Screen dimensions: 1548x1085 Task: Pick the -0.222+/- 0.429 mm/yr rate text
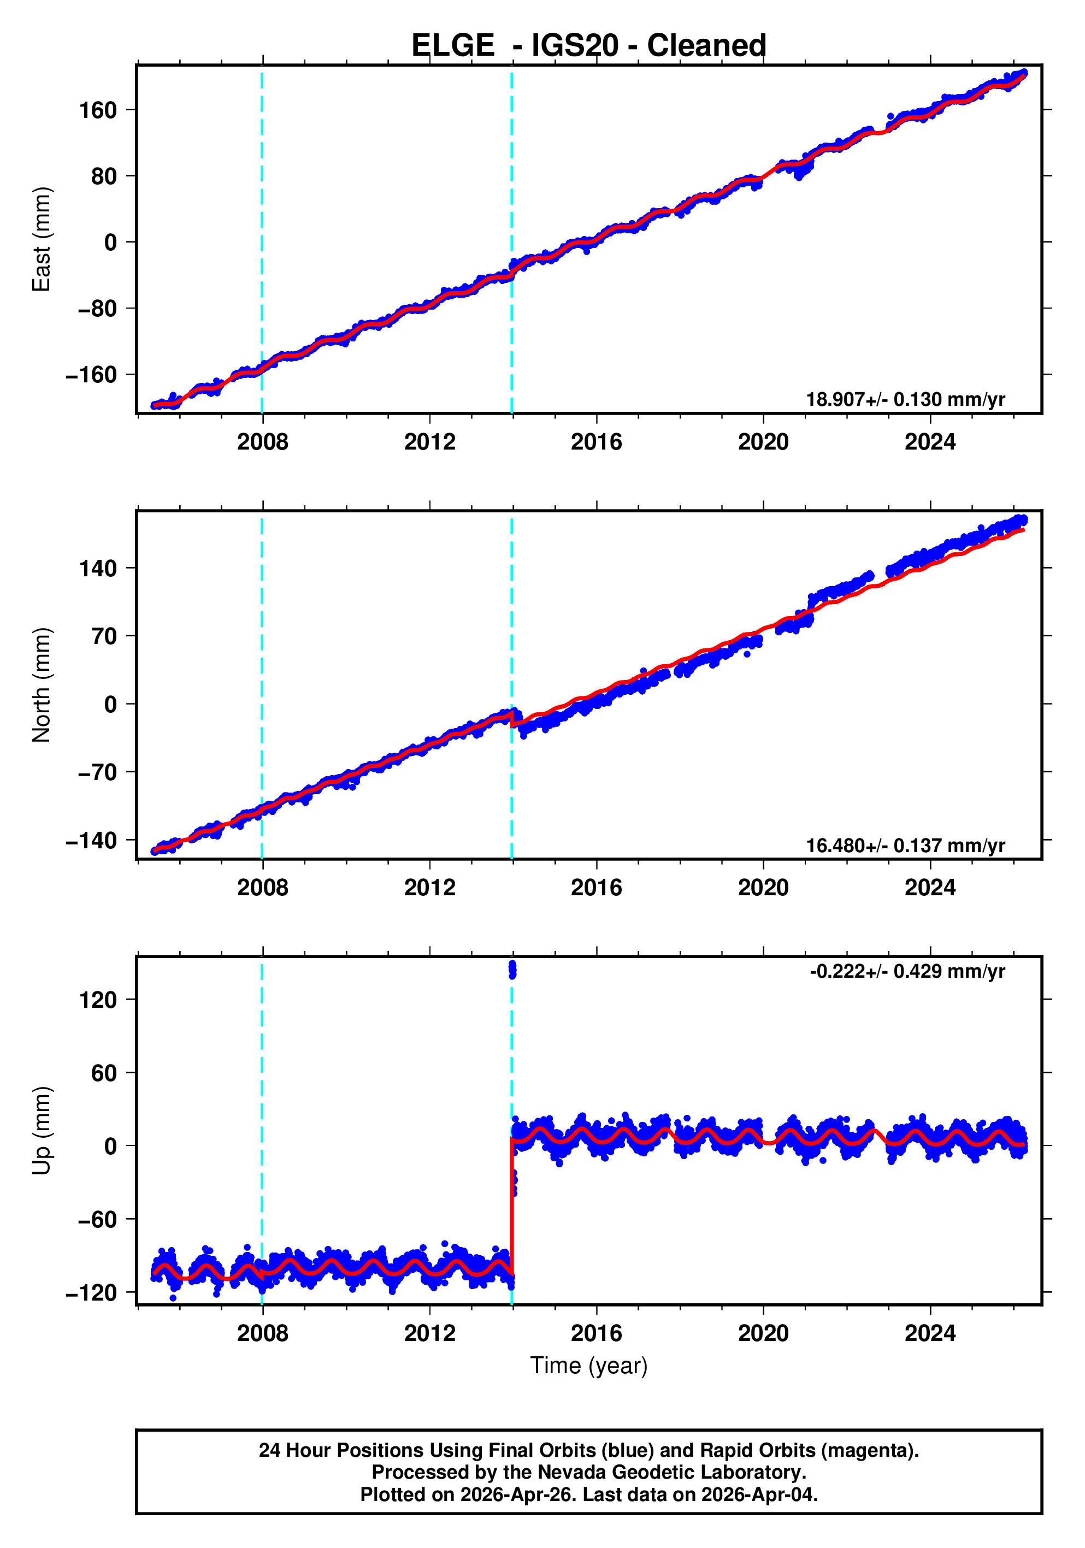(x=907, y=972)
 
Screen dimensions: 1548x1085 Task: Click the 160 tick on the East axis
(x=98, y=110)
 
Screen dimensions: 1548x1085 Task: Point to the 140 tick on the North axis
(x=98, y=569)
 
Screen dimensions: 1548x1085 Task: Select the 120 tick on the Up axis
(x=98, y=1000)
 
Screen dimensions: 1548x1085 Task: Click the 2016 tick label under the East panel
(x=596, y=442)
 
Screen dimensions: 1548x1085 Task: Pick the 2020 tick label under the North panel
(x=763, y=888)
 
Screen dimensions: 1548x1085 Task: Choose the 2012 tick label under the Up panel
(x=429, y=1333)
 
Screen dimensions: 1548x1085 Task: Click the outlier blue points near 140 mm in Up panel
(x=512, y=970)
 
